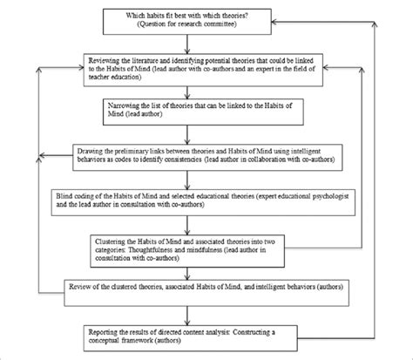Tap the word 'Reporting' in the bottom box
(110, 329)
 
